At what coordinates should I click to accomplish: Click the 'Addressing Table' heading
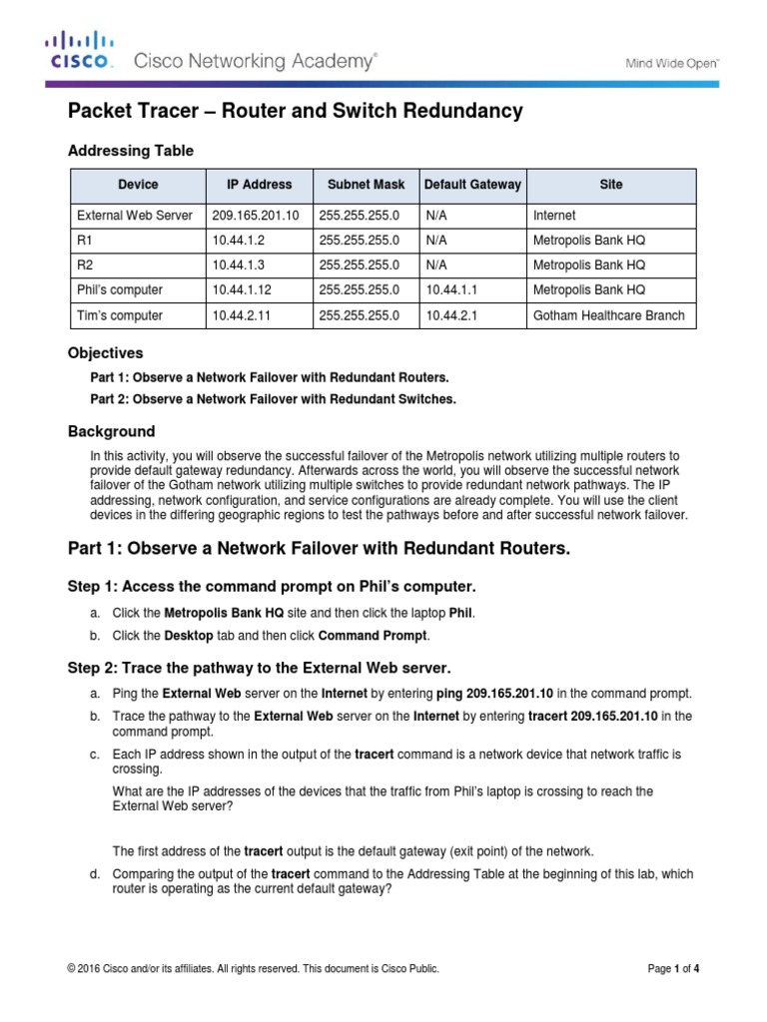coord(130,151)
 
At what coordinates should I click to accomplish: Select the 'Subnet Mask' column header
coord(366,185)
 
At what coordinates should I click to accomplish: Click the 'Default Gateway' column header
coord(472,185)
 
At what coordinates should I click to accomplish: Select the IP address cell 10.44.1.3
coord(236,265)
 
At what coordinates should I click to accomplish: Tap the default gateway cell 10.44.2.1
coord(450,315)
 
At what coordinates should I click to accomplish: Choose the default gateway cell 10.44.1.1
coord(450,290)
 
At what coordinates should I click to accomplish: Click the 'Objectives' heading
coord(105,353)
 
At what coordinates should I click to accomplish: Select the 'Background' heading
coord(111,432)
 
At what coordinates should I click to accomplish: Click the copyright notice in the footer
coord(253,968)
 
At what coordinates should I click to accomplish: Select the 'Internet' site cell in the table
coord(554,215)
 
